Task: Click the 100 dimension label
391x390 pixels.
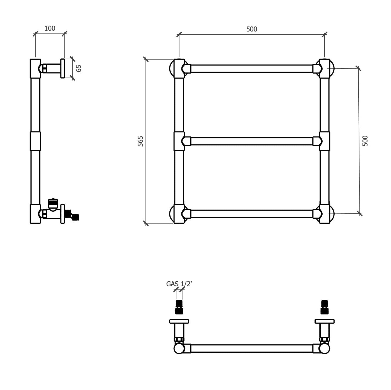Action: [x=50, y=28]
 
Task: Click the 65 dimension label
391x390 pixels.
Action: [x=79, y=68]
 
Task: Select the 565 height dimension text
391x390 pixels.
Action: [x=141, y=141]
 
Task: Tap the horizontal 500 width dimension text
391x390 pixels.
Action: [x=251, y=29]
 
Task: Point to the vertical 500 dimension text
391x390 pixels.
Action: [x=365, y=141]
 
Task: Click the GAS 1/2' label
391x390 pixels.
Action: [x=179, y=284]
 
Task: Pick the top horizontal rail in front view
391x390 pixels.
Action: [x=251, y=69]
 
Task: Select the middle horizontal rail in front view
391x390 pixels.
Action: [x=251, y=141]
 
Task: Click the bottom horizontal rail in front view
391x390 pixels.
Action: [x=251, y=214]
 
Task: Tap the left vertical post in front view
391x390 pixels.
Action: [x=179, y=106]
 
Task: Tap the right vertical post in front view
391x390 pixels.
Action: [x=324, y=106]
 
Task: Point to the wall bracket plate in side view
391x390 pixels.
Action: [x=63, y=68]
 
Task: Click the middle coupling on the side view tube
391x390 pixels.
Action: [x=35, y=141]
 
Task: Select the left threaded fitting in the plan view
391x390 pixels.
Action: [x=179, y=307]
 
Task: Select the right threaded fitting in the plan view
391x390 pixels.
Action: [x=324, y=307]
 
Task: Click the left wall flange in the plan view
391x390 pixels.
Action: [x=179, y=321]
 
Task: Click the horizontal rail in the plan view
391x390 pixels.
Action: [x=251, y=348]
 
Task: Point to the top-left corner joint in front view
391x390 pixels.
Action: [x=179, y=68]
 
